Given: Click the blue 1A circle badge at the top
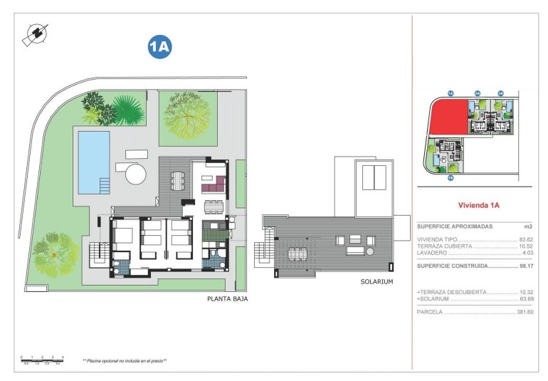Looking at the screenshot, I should point(159,47).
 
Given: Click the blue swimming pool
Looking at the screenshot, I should point(93,162).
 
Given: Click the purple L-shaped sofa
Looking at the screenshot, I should point(213,187).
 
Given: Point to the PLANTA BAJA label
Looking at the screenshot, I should point(227,299).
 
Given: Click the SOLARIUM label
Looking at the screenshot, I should point(377,282).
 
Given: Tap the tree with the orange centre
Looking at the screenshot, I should point(55,251).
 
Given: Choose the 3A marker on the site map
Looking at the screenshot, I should point(500,93).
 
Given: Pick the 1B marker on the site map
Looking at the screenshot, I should point(450,179).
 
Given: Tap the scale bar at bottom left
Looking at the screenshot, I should point(42,359).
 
